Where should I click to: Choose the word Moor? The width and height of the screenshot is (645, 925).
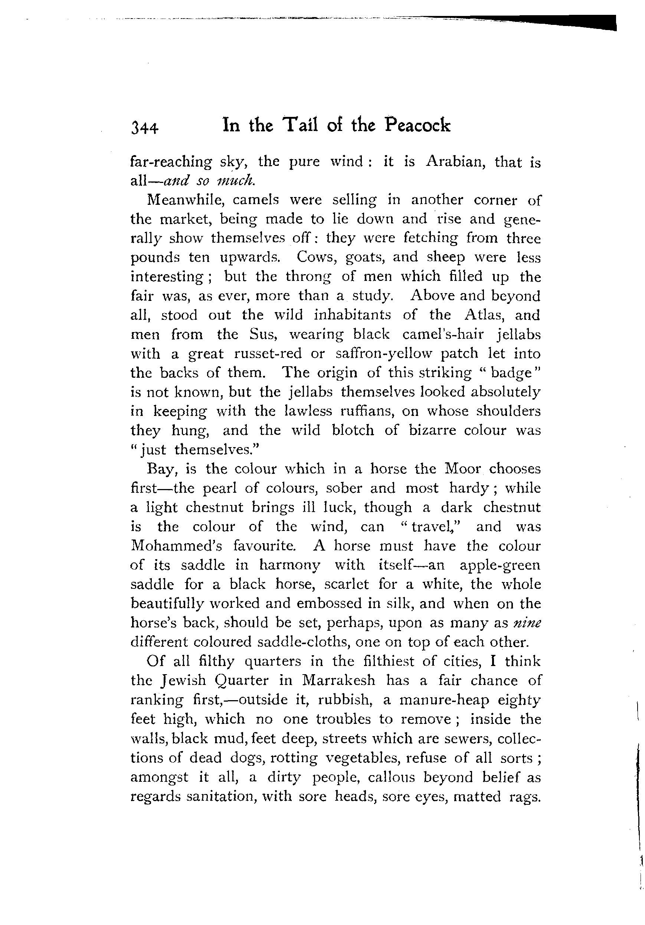click(462, 469)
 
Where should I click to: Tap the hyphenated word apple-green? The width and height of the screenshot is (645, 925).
click(500, 565)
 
